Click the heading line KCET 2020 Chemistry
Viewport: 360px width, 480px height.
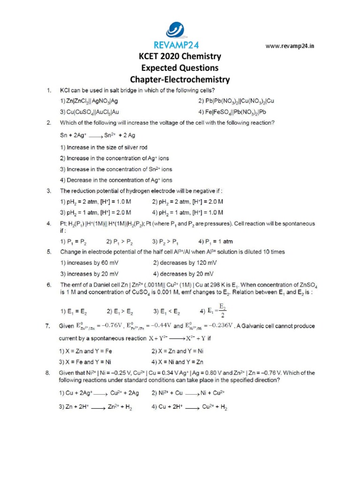click(x=180, y=56)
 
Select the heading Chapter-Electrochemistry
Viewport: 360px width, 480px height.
click(x=180, y=79)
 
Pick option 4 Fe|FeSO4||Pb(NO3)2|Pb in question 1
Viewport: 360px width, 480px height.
click(x=232, y=112)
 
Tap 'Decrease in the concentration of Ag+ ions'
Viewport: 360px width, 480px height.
click(x=116, y=180)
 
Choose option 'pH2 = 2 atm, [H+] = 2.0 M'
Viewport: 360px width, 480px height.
click(x=187, y=202)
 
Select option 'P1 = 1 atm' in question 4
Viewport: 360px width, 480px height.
click(x=216, y=242)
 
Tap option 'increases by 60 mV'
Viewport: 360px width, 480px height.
click(x=89, y=263)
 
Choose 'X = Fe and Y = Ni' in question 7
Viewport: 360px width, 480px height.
click(x=85, y=362)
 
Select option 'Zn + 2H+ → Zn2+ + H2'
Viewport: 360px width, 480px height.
click(x=96, y=407)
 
